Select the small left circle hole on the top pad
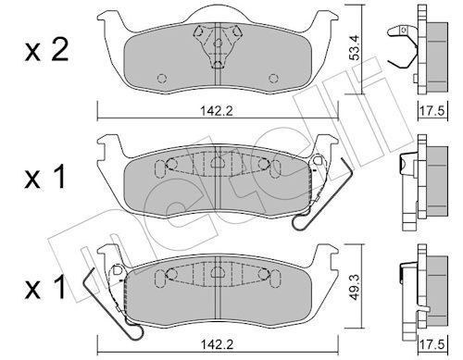[x=160, y=78]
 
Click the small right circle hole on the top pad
[x=270, y=78]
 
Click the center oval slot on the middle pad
[x=215, y=164]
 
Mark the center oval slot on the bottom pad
[x=215, y=273]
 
